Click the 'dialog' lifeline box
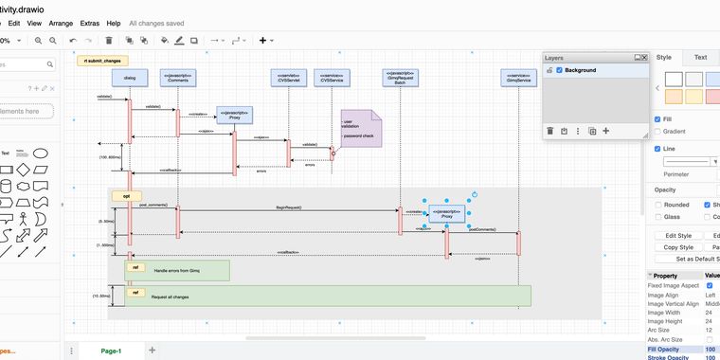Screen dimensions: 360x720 point(130,78)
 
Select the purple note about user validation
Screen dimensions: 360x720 point(361,129)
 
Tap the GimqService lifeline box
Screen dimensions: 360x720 point(518,78)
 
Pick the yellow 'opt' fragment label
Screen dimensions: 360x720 point(126,196)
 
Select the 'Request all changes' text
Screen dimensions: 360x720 point(170,297)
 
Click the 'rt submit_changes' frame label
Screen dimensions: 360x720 point(103,60)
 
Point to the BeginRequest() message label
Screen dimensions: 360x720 point(288,207)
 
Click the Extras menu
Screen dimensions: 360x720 point(89,22)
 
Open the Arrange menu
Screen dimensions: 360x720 point(61,22)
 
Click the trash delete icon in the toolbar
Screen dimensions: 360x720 point(109,41)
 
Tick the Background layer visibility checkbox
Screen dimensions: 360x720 point(560,70)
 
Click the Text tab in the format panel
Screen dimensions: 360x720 point(700,58)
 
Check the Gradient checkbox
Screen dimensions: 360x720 point(658,132)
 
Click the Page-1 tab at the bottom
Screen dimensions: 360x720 point(111,351)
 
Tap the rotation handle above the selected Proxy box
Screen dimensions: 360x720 point(474,194)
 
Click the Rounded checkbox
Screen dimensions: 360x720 point(658,205)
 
